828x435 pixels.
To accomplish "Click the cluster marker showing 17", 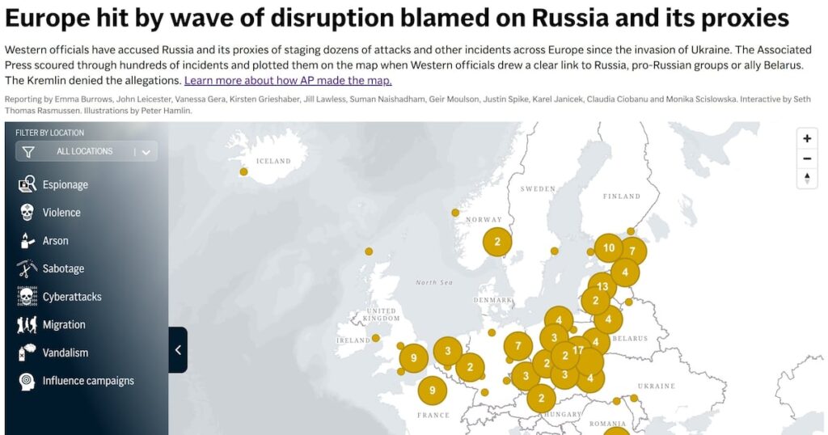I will click(578, 350).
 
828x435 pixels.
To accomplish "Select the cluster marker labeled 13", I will click(602, 285).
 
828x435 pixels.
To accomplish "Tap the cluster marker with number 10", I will click(609, 248).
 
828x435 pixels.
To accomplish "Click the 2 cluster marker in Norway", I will click(497, 241).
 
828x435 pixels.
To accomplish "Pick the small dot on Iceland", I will click(243, 171).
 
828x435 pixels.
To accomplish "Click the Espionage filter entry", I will click(65, 185).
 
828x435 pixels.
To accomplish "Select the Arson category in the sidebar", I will click(55, 241).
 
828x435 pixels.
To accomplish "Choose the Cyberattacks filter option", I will click(72, 297).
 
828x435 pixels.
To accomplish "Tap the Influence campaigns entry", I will click(88, 381).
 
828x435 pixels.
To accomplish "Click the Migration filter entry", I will click(64, 325).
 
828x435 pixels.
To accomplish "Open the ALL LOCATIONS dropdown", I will click(87, 151).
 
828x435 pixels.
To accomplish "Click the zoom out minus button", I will click(806, 158).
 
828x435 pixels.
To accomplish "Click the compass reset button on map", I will click(806, 179).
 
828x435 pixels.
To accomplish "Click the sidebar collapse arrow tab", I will click(178, 350).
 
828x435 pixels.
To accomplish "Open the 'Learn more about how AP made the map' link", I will click(288, 80).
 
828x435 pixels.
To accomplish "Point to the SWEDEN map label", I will click(538, 189).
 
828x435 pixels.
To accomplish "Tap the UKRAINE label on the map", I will click(656, 386).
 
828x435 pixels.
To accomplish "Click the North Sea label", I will click(433, 282).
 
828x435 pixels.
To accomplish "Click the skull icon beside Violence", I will click(27, 213).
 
